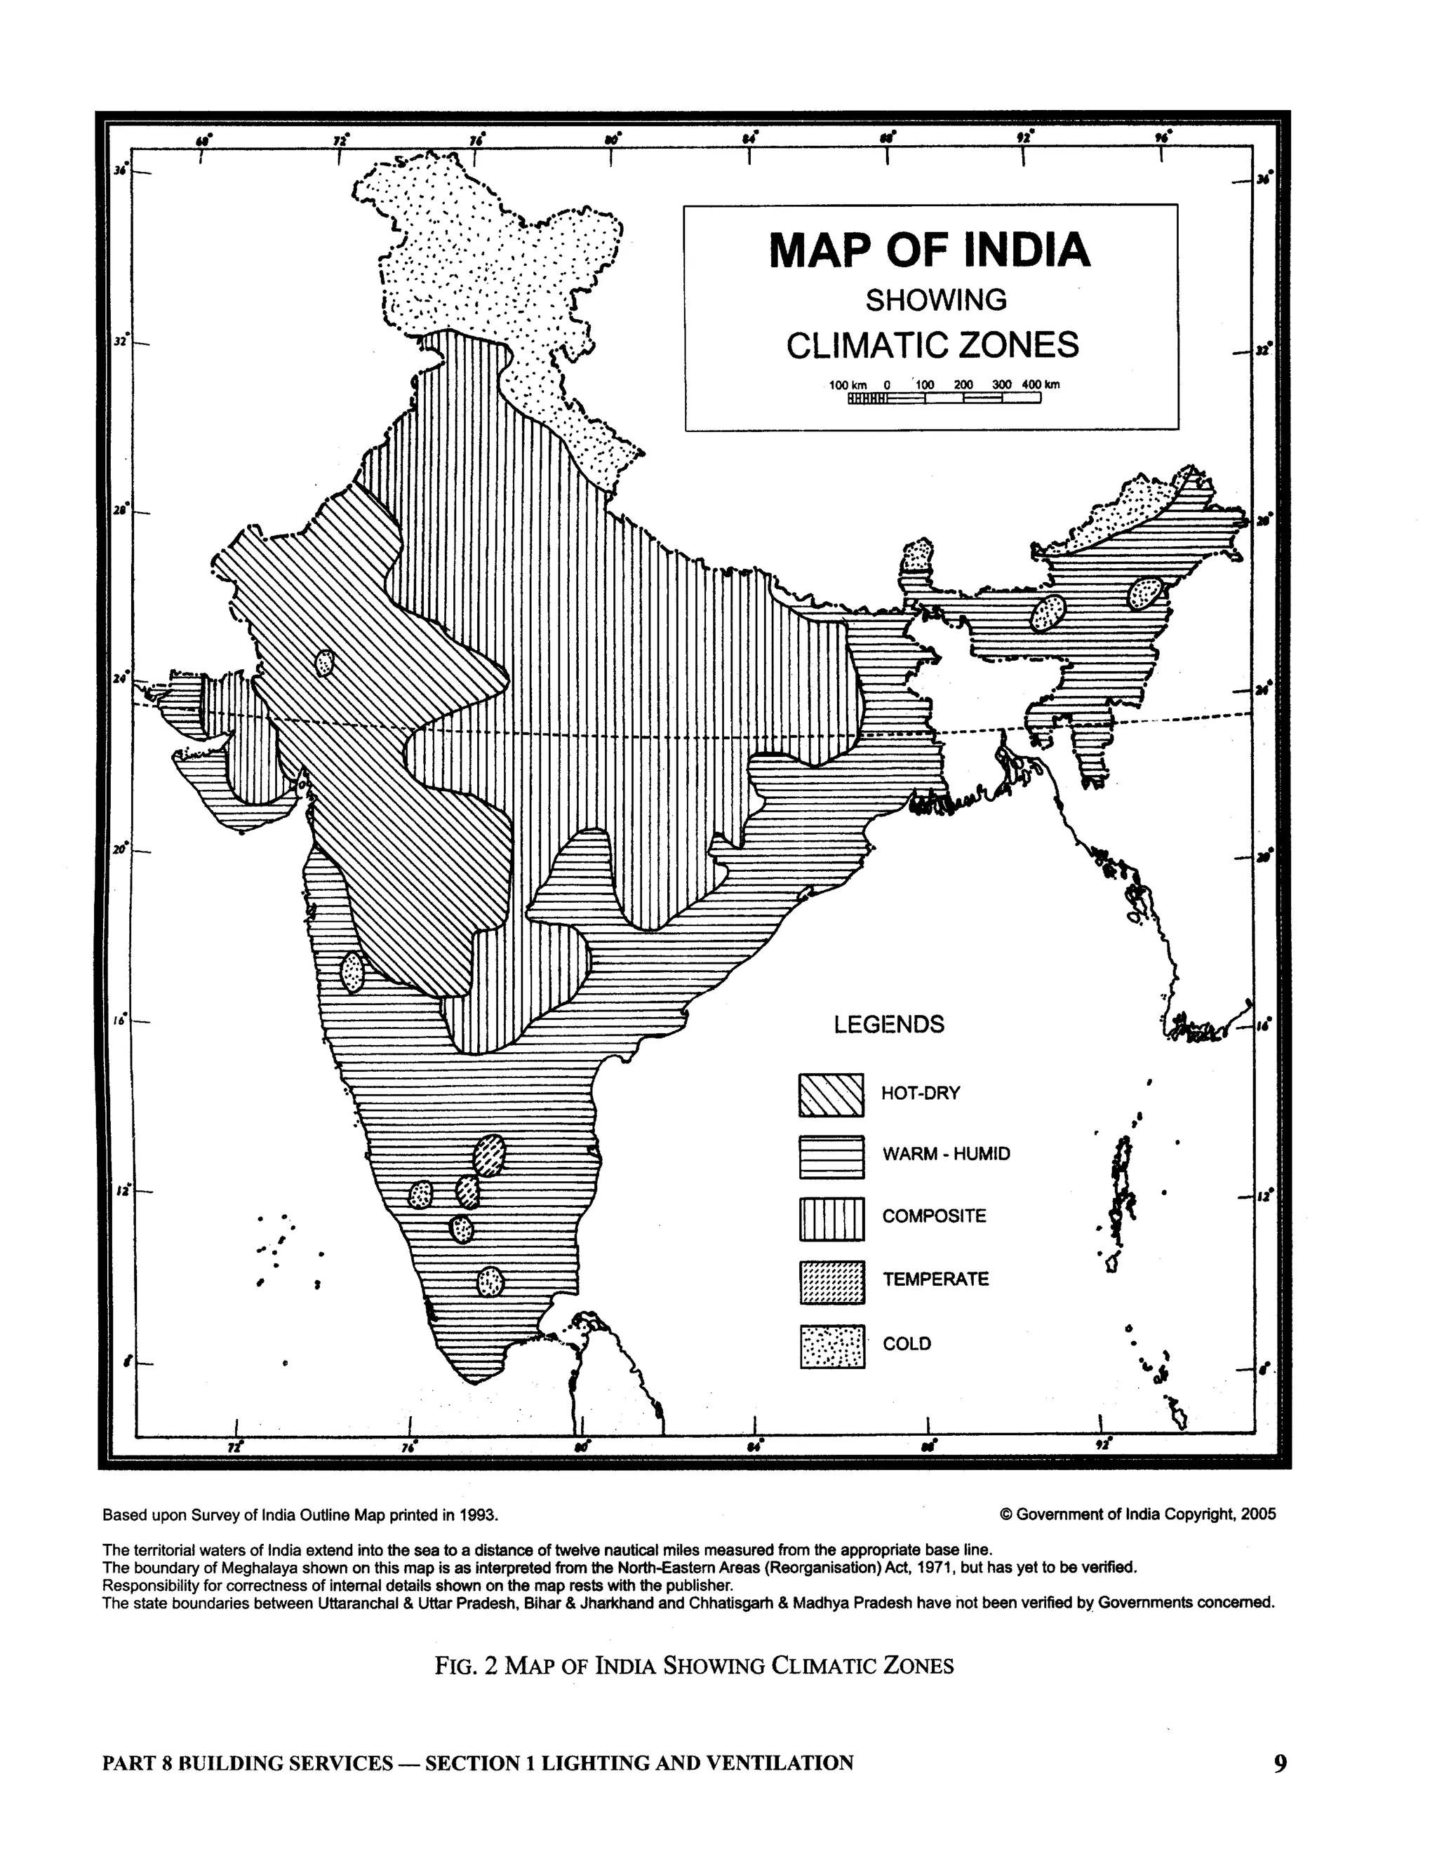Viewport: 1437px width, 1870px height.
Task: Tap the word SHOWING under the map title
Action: click(x=936, y=300)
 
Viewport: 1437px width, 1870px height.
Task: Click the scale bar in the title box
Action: click(x=944, y=398)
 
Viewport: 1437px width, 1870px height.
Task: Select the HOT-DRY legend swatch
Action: click(x=831, y=1096)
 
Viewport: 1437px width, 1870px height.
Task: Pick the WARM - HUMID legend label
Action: click(x=946, y=1155)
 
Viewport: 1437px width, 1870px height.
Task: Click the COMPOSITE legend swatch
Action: click(x=831, y=1219)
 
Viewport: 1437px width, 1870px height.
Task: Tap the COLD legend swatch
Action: click(x=831, y=1347)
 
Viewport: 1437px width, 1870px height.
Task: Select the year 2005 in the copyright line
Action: click(x=1258, y=1514)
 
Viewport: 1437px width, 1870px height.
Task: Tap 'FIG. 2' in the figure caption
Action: click(x=465, y=1666)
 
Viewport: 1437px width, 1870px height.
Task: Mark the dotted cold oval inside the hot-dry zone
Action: click(x=324, y=662)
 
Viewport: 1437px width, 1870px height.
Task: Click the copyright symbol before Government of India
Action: click(x=1006, y=1514)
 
